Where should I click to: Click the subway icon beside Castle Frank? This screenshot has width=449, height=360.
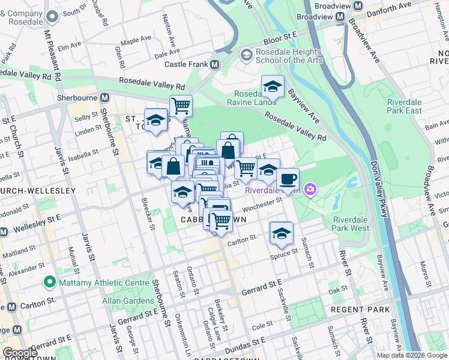(214, 64)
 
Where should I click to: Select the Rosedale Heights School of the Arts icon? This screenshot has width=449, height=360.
(246, 55)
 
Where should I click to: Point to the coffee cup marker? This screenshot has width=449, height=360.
(288, 178)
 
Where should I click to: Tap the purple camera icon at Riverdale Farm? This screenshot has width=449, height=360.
(310, 190)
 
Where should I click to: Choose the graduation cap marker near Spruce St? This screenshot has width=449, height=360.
(281, 233)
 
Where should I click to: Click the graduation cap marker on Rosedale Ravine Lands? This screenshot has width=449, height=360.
(273, 86)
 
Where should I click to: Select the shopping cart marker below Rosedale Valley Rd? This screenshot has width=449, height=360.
(180, 106)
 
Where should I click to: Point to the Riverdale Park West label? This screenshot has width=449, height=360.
(351, 223)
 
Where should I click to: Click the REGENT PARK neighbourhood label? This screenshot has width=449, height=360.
(360, 310)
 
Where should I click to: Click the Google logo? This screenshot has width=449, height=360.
(20, 353)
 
